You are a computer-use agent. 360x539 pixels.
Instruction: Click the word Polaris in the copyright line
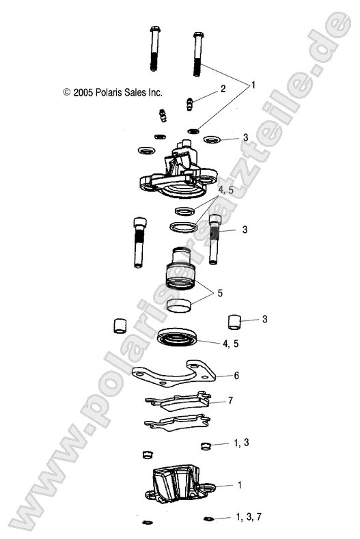coord(116,92)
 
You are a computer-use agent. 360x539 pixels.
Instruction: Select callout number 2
coord(223,89)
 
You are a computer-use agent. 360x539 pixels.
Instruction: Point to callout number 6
coord(236,376)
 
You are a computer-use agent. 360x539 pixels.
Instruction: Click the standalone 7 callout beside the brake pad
coord(230,401)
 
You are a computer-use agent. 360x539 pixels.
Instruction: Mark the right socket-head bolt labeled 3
coord(215,246)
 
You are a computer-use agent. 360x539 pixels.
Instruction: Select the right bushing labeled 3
coord(234,320)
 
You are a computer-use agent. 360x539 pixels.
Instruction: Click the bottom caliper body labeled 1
coord(176,486)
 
